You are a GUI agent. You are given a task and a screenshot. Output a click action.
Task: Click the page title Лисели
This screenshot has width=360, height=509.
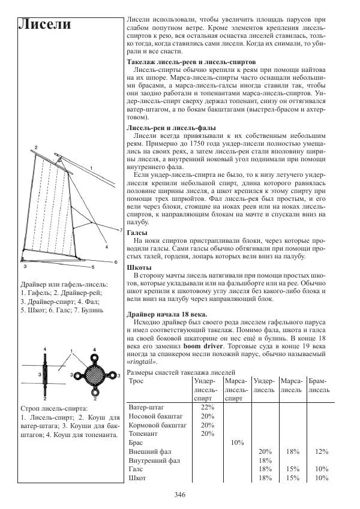point(45,25)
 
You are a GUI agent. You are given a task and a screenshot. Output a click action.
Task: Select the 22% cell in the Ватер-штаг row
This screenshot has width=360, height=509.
point(207,406)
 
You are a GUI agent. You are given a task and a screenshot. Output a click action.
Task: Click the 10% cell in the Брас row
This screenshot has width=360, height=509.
point(236,442)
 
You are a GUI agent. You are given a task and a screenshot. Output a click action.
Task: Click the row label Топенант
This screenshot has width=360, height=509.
point(146,433)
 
